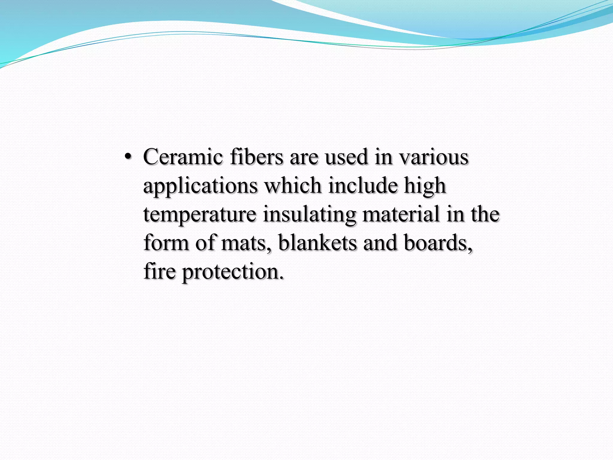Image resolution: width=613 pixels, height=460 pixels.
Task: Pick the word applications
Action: point(200,186)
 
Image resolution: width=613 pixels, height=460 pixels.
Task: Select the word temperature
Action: point(200,214)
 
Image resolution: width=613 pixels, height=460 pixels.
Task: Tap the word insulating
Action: point(309,214)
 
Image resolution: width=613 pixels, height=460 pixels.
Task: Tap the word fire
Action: point(160,271)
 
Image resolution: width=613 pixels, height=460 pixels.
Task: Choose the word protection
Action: point(233,271)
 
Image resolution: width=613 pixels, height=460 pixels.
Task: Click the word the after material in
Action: point(485,214)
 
